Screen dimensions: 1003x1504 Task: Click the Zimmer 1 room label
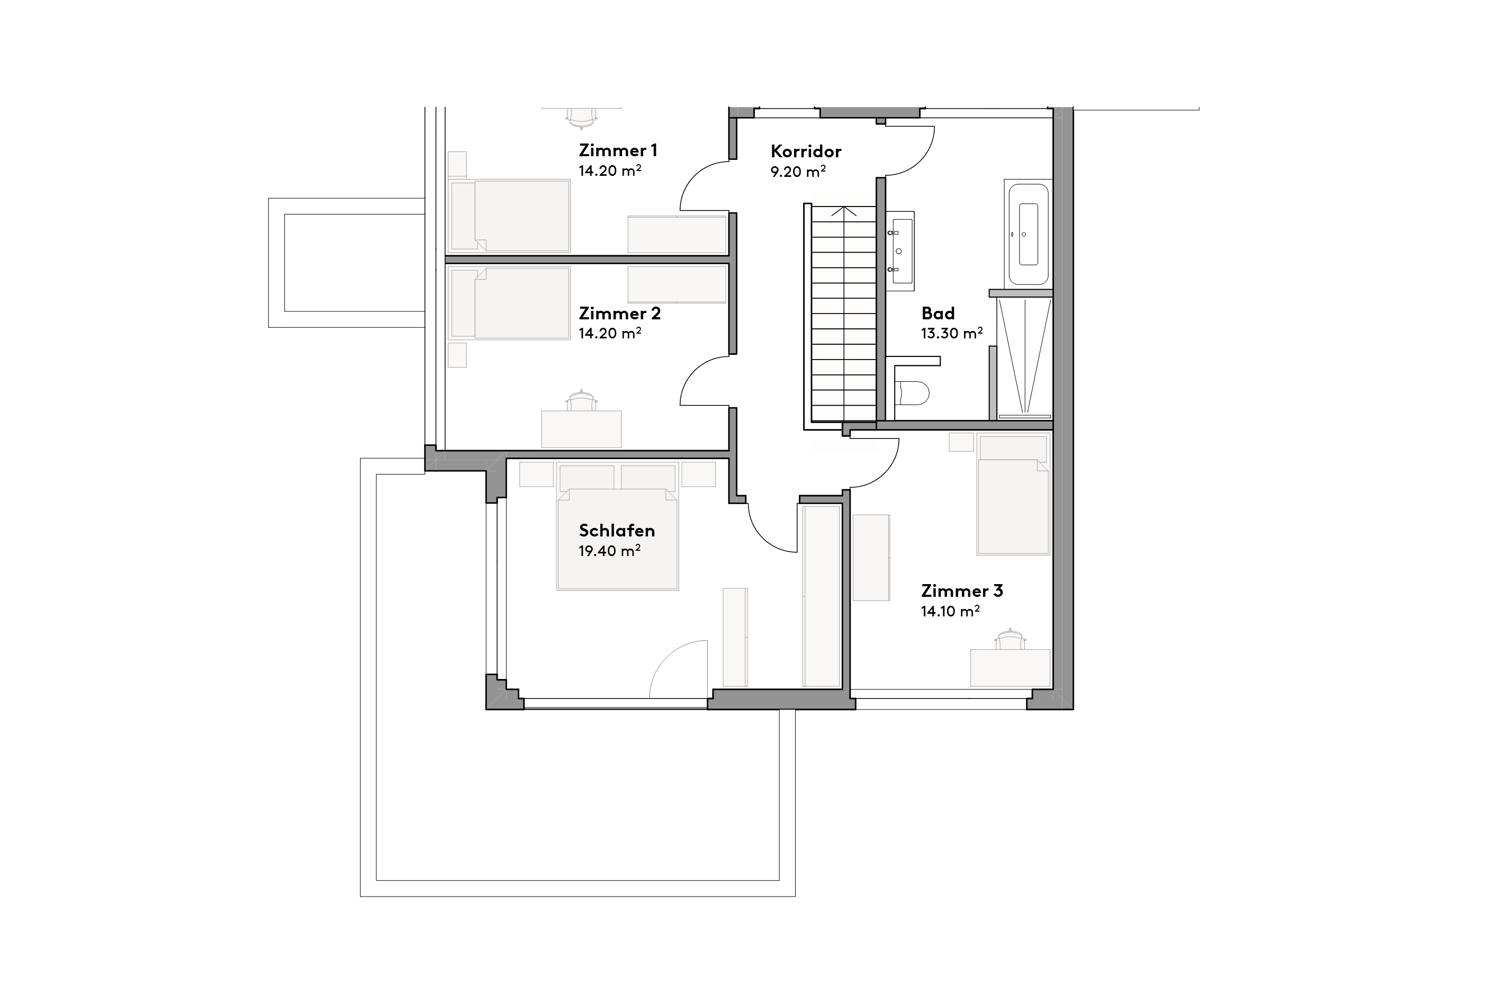tap(618, 150)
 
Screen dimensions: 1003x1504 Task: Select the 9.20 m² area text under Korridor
tap(797, 172)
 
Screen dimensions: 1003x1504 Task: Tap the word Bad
tap(938, 314)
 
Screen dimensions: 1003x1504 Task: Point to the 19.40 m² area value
tap(609, 551)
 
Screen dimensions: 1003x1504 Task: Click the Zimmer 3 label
tap(962, 590)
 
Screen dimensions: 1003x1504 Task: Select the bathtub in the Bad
tap(1028, 234)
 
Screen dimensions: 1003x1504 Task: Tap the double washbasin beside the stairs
tap(900, 251)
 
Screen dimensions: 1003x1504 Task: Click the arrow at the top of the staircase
tap(843, 212)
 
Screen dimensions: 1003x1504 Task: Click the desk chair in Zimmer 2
tap(581, 401)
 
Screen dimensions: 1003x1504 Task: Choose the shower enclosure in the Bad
tap(1024, 356)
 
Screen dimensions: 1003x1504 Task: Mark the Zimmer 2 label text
tap(619, 314)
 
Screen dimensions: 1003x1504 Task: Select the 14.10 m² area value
tap(950, 612)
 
